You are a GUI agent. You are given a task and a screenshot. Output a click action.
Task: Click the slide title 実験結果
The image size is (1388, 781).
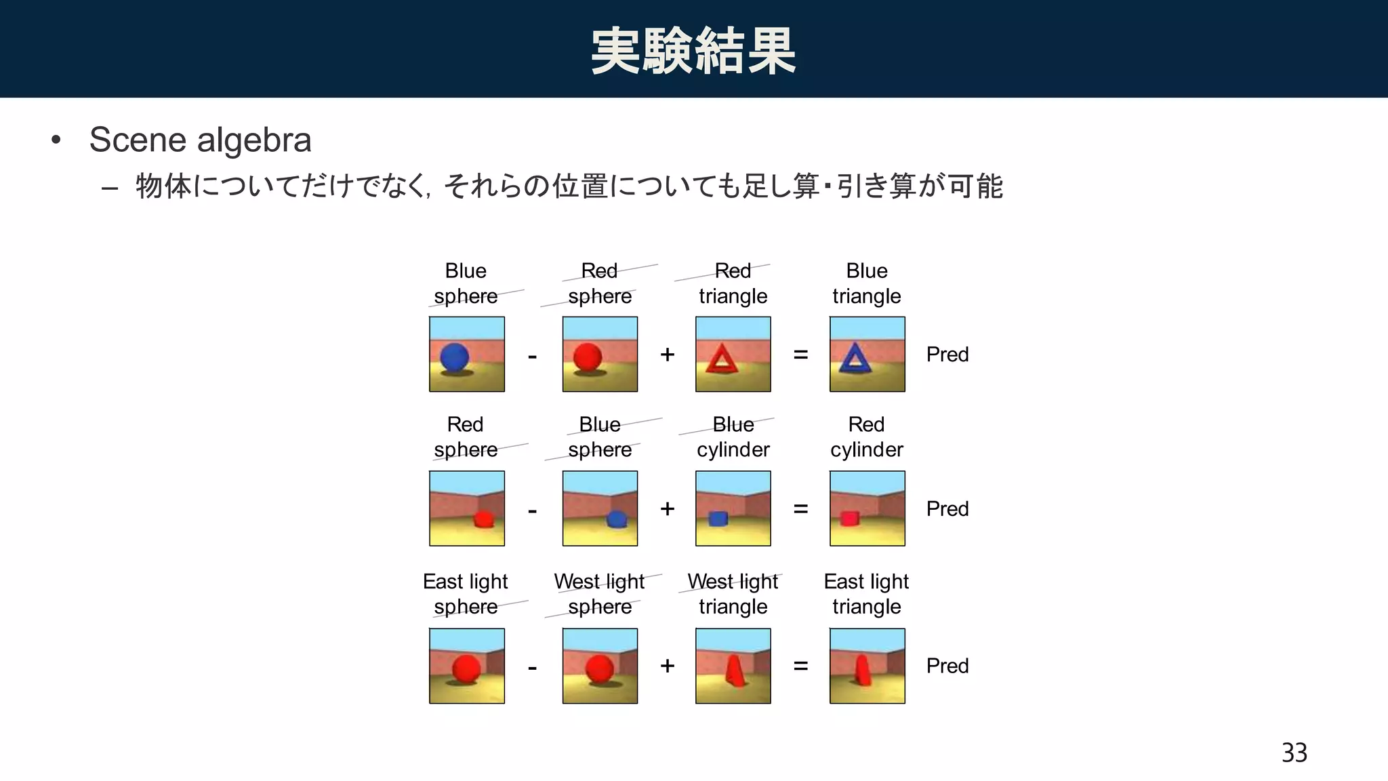coord(693,51)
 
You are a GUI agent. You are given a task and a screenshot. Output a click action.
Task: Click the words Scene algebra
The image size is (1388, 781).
coord(200,140)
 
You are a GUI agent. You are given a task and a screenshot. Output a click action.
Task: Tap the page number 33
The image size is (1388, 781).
coord(1294,753)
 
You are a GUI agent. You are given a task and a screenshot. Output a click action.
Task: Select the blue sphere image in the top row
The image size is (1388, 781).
coord(466,354)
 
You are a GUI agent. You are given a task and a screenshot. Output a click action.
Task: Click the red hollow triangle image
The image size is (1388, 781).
coord(733,354)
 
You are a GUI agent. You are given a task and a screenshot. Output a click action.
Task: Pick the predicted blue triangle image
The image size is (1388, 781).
coord(867,354)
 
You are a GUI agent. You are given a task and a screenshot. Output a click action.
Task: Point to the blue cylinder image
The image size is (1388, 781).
coord(733,508)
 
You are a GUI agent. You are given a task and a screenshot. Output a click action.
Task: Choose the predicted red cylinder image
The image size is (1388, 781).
coord(867,508)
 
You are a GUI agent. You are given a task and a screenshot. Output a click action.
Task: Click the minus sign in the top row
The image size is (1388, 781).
coord(532,356)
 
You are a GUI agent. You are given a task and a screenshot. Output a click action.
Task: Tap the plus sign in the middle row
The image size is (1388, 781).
coord(667,508)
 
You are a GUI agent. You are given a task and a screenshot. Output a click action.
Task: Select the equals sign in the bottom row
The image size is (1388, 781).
coord(800,666)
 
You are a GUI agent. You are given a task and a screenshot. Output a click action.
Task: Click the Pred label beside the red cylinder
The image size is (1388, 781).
coord(947,508)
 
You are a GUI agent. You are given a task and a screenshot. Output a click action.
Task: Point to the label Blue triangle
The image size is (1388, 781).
coord(867,283)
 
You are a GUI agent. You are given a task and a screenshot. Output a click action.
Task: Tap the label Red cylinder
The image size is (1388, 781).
coord(867,437)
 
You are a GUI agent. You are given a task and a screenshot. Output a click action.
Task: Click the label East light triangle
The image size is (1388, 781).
coord(867,594)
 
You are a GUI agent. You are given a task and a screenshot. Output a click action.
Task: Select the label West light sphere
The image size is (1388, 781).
coord(600,594)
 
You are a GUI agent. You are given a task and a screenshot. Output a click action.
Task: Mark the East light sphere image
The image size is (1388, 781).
coord(466,666)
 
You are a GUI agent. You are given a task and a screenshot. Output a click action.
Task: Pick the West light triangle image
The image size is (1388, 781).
coord(733,666)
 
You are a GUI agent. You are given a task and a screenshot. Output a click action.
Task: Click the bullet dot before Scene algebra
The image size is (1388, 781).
coord(56,140)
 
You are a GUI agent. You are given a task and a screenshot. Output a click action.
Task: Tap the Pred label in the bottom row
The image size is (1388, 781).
coord(947,666)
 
